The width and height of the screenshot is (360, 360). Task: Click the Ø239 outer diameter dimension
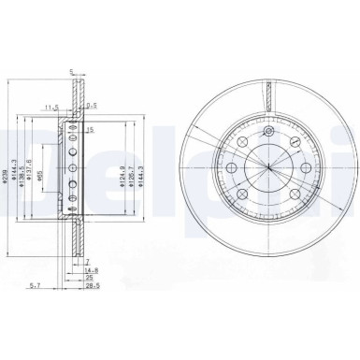8,168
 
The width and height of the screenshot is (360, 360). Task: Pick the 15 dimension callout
91,130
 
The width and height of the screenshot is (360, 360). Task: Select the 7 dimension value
85,262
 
